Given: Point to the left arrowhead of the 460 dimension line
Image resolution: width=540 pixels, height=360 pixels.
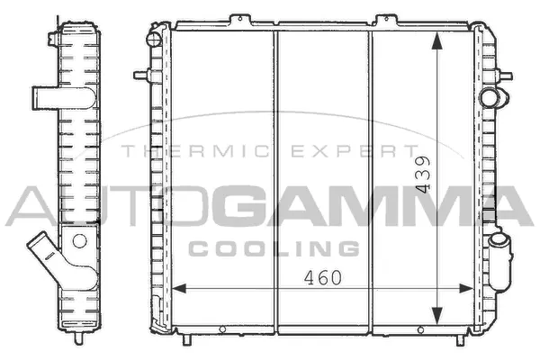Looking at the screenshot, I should pos(177,289).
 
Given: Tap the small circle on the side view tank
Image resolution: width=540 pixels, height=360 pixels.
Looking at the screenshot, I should pos(78,239).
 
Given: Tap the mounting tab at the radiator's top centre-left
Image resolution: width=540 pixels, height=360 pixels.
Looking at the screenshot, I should pos(239,19).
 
